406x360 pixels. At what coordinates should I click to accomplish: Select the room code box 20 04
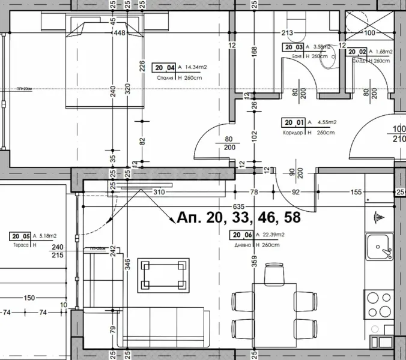[164, 68]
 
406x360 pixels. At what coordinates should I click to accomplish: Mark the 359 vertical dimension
[255, 262]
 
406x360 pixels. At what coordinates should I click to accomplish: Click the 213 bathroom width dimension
[286, 34]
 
